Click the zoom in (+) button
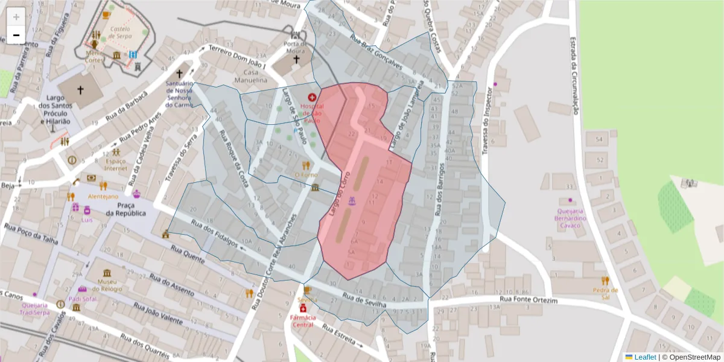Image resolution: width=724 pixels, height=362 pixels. (16, 16)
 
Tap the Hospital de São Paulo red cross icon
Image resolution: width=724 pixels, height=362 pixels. (312, 97)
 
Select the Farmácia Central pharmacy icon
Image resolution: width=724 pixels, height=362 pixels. (303, 308)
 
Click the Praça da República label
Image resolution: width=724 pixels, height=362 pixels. (126, 209)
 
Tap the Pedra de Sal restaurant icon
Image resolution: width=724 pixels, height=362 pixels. (605, 281)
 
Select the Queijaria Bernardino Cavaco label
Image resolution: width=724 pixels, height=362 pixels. (570, 218)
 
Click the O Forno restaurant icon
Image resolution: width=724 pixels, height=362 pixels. (306, 165)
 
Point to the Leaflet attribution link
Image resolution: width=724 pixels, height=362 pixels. (645, 357)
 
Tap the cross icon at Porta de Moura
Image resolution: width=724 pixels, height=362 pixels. (296, 59)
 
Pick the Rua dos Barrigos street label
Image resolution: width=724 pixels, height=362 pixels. (439, 190)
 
